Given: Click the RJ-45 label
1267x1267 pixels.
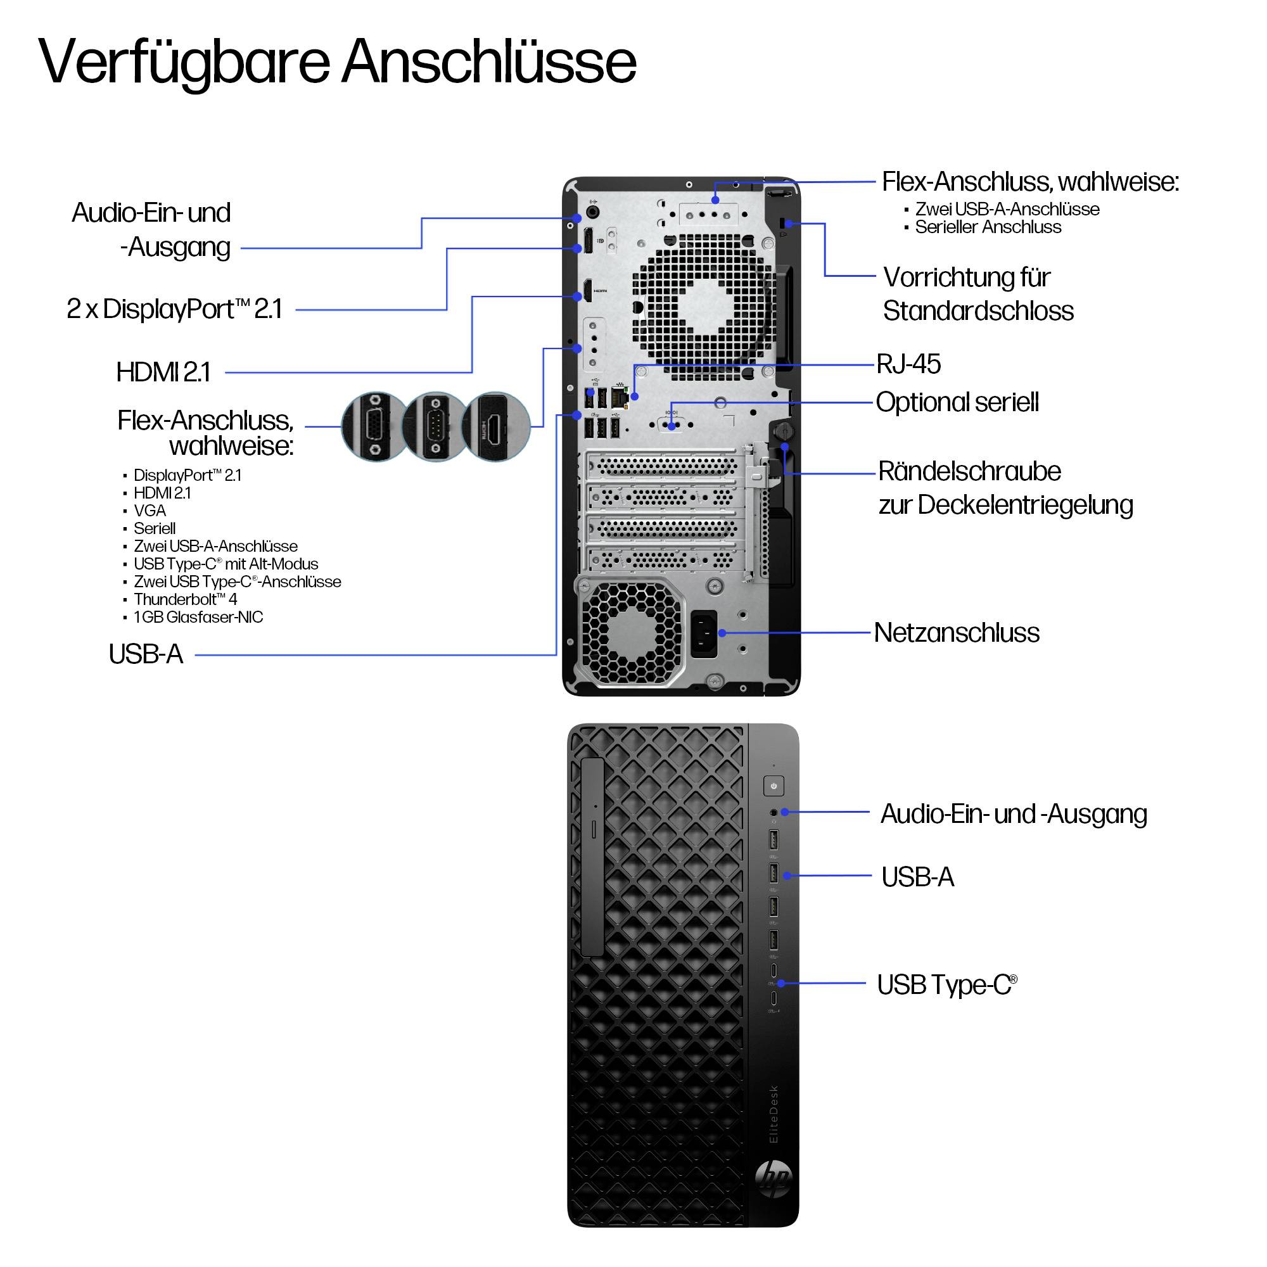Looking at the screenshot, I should point(908,364).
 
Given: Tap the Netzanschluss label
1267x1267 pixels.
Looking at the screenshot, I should point(957,633).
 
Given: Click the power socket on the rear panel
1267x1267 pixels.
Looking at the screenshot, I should point(704,633).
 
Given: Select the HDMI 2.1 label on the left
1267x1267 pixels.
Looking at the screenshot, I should point(163,372).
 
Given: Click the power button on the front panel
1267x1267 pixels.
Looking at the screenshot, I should point(774,786).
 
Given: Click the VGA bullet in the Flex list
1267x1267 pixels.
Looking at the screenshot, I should point(150,510).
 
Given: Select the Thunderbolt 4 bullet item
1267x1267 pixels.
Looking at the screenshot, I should point(185,599).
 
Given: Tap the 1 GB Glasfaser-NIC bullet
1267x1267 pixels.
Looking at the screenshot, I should point(198,617).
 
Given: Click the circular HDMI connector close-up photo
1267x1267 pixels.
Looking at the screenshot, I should point(495,427).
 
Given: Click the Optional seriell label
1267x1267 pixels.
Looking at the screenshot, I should point(957,403).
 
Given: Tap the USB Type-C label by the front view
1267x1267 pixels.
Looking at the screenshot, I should point(946,985).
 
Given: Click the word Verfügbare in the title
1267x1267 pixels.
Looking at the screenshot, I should point(184,62).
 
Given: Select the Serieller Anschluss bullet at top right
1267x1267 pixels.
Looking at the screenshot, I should point(988,227).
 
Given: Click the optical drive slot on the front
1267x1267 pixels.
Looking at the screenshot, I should point(593,857).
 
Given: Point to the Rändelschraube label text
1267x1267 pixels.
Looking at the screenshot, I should point(969,471).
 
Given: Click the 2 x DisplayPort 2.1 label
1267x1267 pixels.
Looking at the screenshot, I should point(174,309).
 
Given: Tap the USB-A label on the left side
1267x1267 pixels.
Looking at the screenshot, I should point(146,654).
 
